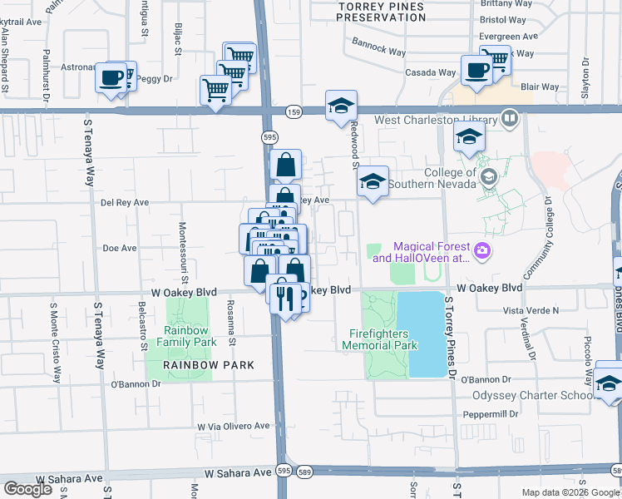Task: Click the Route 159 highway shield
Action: [x=293, y=110]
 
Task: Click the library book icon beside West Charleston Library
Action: [x=510, y=119]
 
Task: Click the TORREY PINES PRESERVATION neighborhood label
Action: [x=382, y=12]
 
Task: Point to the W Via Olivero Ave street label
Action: [x=233, y=426]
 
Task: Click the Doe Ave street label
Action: [x=119, y=248]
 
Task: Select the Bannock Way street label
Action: [x=378, y=52]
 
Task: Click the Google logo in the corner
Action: [x=28, y=489]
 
